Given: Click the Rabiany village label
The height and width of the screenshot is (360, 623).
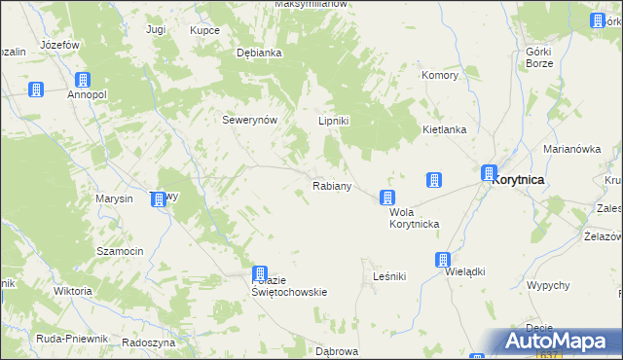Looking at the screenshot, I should (x=331, y=185).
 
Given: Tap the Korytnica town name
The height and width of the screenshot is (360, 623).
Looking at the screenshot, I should (x=518, y=180).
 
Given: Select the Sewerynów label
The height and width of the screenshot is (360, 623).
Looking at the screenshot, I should (x=251, y=120).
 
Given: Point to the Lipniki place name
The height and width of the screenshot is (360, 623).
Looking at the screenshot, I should (x=334, y=121).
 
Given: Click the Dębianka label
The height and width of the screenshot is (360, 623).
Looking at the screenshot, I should (x=259, y=54).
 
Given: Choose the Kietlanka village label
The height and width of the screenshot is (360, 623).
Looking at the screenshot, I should (x=444, y=129).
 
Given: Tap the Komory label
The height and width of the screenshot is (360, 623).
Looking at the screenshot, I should (x=440, y=75).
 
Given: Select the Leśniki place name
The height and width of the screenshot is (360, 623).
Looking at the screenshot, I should (x=389, y=276).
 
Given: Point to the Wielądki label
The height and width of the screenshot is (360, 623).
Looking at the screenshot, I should (x=464, y=272).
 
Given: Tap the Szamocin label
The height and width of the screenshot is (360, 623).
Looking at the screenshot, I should (x=120, y=251).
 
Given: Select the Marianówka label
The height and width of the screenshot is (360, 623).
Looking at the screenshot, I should (x=570, y=149).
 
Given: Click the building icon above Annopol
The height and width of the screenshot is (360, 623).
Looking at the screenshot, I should (x=83, y=80).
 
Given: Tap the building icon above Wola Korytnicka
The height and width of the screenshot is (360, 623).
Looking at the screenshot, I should (x=387, y=198).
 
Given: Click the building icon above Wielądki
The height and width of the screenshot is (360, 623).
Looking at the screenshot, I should (x=443, y=260).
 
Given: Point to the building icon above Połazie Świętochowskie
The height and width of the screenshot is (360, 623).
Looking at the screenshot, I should (x=260, y=274).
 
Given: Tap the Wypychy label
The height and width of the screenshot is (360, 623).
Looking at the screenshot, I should (x=547, y=285).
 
